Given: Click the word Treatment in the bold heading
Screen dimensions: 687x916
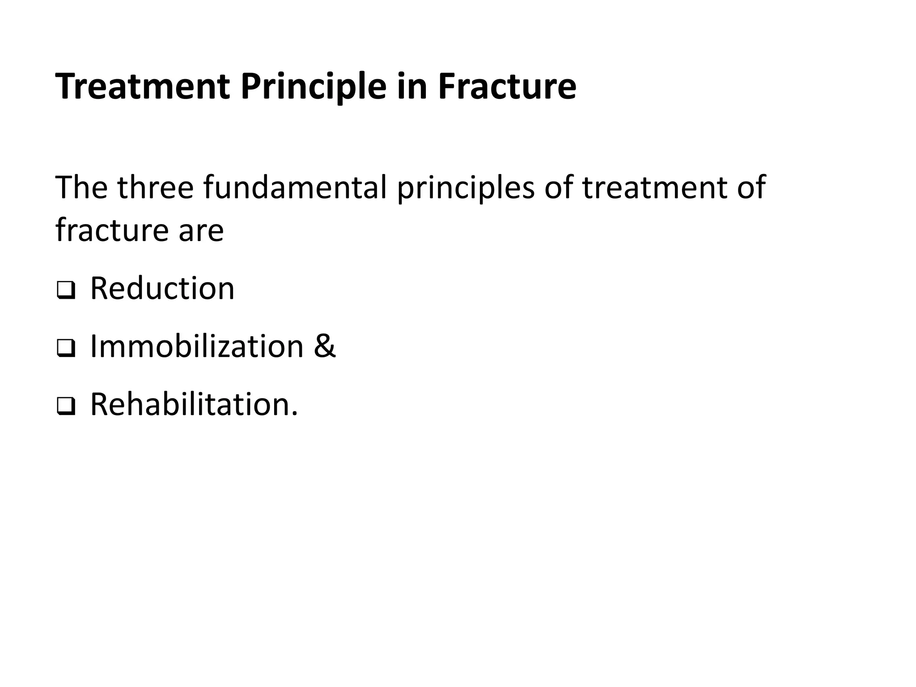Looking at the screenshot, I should pyautogui.click(x=143, y=86).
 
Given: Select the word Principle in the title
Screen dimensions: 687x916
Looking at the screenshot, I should pyautogui.click(x=314, y=86).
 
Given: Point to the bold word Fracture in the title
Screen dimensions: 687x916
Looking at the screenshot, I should pyautogui.click(x=507, y=86).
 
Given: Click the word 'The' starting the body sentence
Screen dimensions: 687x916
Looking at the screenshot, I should pyautogui.click(x=81, y=187).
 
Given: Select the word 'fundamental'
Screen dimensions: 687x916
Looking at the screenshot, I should pyautogui.click(x=295, y=187).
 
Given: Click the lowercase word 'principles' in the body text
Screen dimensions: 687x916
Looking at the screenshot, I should pyautogui.click(x=466, y=188).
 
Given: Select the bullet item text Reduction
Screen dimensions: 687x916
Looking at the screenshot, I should pyautogui.click(x=162, y=288).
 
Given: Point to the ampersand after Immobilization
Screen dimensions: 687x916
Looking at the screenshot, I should pyautogui.click(x=324, y=347).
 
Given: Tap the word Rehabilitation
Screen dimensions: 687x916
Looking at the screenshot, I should pyautogui.click(x=190, y=404).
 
